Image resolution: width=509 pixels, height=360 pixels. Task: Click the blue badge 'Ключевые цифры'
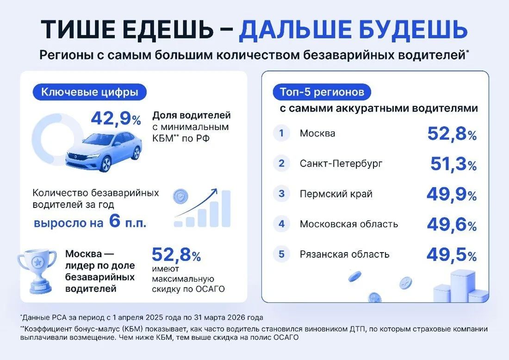(90, 92)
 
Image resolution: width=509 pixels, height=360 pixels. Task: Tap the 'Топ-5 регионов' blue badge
(322, 92)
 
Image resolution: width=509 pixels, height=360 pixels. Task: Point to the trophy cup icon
(37, 271)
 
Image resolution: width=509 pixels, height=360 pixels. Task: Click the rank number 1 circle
(281, 133)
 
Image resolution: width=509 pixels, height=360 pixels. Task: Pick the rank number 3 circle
(281, 194)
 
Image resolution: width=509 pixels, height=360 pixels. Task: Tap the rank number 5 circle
(281, 254)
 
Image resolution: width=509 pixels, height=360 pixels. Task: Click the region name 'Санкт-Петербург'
(341, 163)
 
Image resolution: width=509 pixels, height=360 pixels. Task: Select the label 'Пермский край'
(336, 194)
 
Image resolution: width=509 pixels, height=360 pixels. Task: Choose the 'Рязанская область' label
(344, 254)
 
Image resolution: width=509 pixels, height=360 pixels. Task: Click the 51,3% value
(453, 164)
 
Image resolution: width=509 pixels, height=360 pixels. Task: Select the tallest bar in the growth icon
(226, 208)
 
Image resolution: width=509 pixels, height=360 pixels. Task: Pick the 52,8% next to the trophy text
(176, 254)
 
